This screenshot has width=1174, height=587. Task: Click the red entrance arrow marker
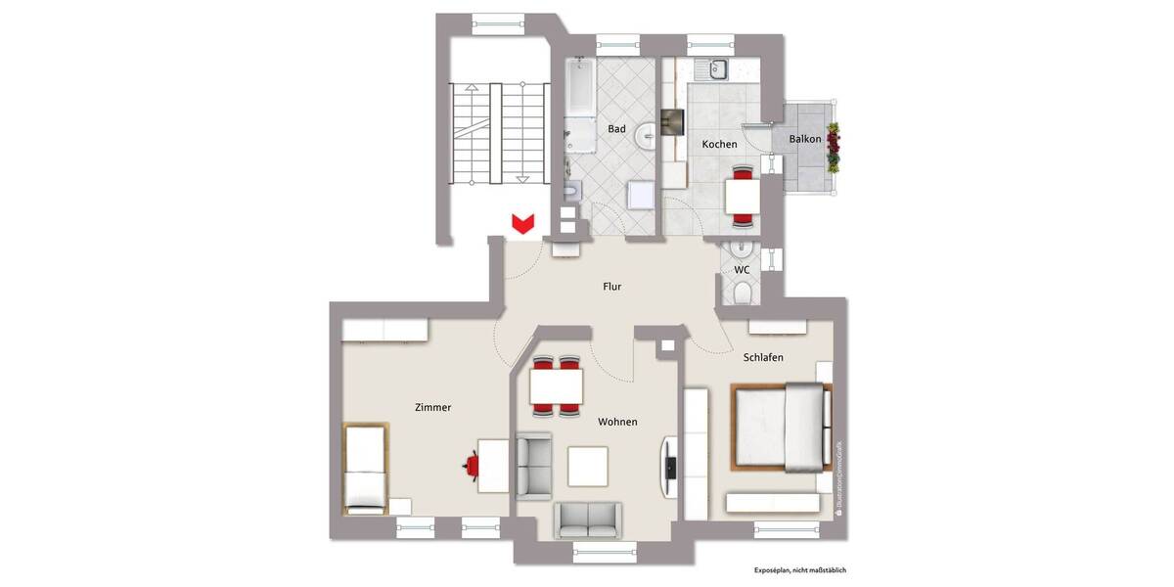523,224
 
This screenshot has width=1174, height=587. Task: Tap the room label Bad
616,129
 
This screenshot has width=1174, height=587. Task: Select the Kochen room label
719,145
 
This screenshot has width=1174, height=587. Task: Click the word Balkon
805,139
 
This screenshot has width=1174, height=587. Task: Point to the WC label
742,269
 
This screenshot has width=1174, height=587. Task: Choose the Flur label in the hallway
612,287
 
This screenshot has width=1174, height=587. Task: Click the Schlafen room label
763,358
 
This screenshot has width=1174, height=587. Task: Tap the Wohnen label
617,422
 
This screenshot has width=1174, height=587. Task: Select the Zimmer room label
432,408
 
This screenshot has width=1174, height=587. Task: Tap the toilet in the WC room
742,293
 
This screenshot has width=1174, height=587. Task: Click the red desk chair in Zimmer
472,463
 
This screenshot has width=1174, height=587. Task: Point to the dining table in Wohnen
556,385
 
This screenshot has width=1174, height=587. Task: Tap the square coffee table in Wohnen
588,466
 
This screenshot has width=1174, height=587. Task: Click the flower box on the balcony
834,147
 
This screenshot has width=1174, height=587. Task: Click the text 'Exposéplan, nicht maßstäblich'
799,569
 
